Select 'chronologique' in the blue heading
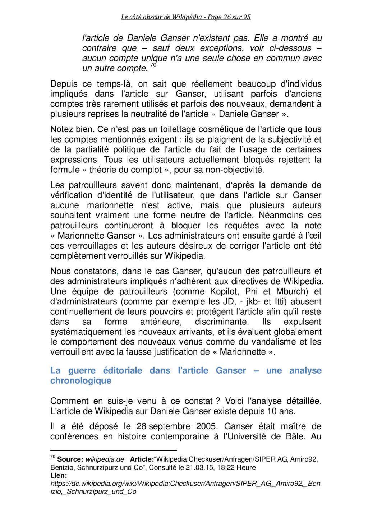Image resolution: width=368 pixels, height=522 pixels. (x=81, y=380)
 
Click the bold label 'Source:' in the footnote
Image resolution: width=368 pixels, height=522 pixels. (x=70, y=459)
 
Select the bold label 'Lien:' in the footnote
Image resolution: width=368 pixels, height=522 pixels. (x=59, y=475)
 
